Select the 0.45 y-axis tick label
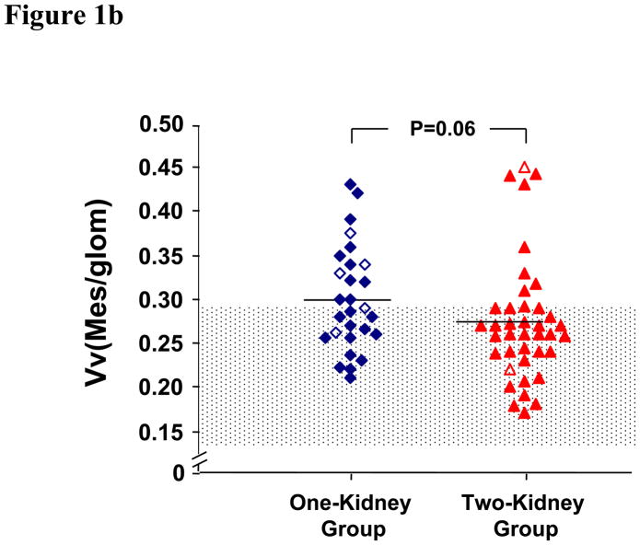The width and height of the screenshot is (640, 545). pyautogui.click(x=159, y=168)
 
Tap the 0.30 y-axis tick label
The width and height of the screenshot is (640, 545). pyautogui.click(x=159, y=299)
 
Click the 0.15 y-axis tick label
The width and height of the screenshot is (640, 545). pyautogui.click(x=159, y=431)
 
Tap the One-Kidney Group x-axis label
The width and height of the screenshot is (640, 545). pyautogui.click(x=351, y=516)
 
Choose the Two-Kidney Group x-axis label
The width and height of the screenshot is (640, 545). pyautogui.click(x=525, y=516)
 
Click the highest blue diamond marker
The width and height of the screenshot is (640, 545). pyautogui.click(x=351, y=185)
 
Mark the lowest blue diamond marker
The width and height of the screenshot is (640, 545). pyautogui.click(x=351, y=377)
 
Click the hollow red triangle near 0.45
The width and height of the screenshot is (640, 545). pyautogui.click(x=525, y=168)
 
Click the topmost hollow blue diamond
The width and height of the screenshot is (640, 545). pyautogui.click(x=351, y=233)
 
